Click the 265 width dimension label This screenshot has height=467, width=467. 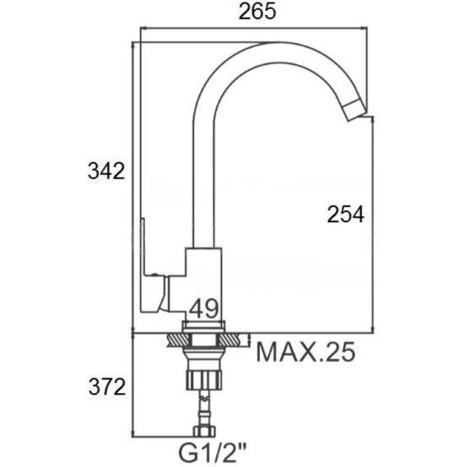(x=257, y=12)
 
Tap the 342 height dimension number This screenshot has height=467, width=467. (x=106, y=171)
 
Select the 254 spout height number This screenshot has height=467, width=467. (x=345, y=214)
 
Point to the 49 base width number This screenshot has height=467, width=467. (x=204, y=309)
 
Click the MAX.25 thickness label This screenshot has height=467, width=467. (x=306, y=352)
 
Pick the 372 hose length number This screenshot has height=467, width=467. (x=107, y=387)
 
